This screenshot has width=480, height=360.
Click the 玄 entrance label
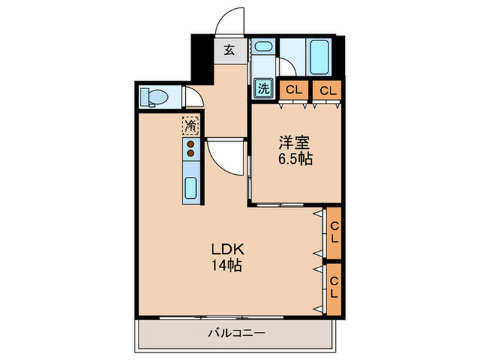coord(229,50)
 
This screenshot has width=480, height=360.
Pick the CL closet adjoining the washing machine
coord(293,90)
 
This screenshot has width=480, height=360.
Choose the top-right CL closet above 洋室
coord(327,90)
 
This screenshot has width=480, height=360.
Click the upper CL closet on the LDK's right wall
coord(334,233)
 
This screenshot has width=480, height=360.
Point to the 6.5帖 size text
coord(296,159)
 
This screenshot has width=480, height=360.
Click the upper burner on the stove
coord(191,145)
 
